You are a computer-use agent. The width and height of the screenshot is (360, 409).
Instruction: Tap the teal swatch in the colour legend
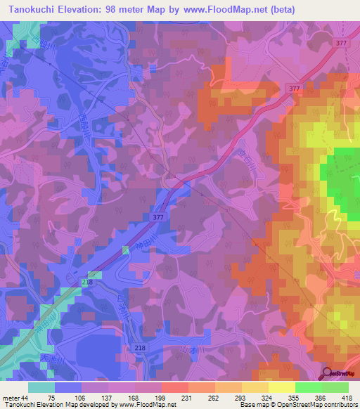pos(41,387)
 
